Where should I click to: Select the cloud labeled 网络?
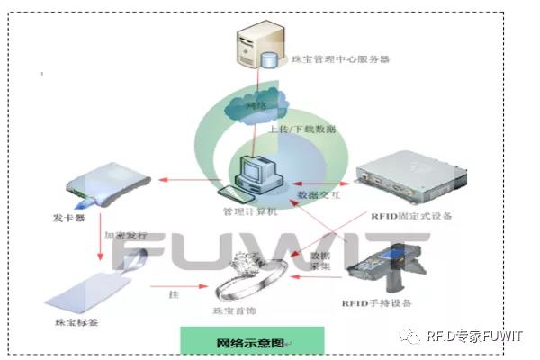257,105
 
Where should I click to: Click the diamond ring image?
258,274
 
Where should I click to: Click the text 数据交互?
317,193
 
